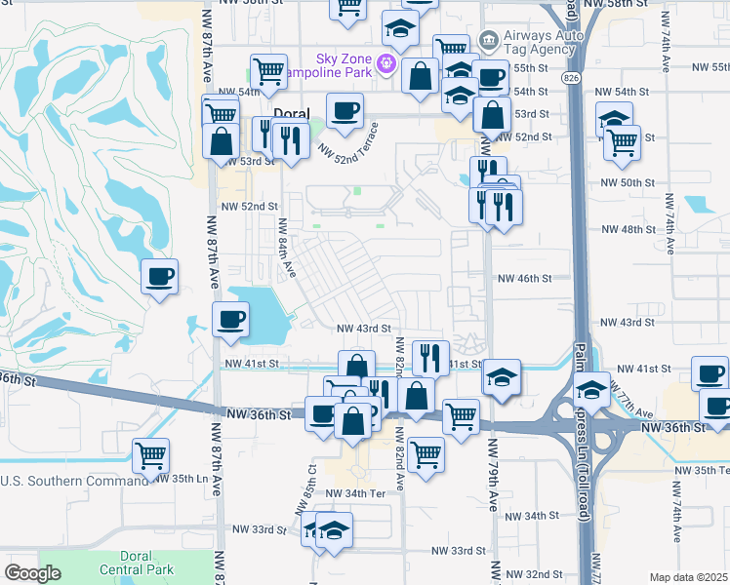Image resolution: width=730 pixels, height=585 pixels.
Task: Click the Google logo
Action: (x=32, y=573)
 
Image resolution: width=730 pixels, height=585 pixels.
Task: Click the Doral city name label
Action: (x=291, y=114)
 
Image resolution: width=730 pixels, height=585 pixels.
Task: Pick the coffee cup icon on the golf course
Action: (x=160, y=277)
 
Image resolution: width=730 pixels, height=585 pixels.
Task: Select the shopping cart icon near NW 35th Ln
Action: (x=150, y=454)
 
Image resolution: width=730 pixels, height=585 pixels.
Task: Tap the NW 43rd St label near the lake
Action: (x=364, y=330)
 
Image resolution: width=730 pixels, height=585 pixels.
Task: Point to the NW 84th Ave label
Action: (x=283, y=243)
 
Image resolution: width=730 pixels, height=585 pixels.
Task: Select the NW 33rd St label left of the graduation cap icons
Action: (x=259, y=528)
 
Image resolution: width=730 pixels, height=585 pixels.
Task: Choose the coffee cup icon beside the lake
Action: (x=230, y=320)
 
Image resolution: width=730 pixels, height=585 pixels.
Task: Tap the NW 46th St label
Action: (x=525, y=278)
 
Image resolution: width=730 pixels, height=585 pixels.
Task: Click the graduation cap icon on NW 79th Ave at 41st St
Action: (x=502, y=376)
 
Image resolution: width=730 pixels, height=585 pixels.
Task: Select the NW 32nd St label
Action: (x=538, y=574)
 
